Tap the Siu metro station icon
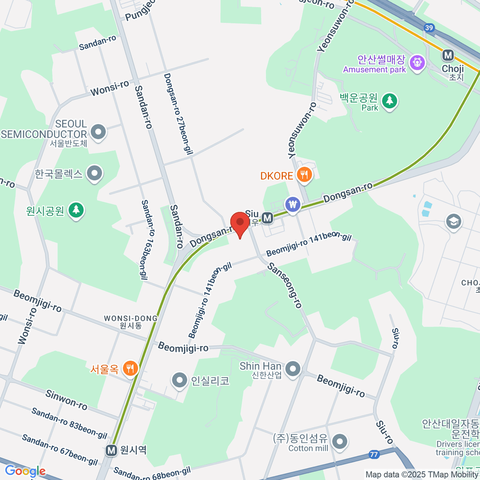tap(267, 218)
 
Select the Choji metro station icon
tap(448, 55)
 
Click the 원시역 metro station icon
tap(112, 450)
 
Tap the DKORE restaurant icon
tap(305, 175)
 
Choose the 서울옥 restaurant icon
tap(130, 368)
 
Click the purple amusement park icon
tap(418, 62)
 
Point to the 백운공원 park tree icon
tap(389, 100)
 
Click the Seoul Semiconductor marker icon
tap(98, 131)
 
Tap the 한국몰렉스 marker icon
tap(95, 173)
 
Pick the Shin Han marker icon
tap(293, 368)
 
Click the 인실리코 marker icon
tap(179, 380)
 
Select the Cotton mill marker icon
tap(340, 442)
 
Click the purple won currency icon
tap(294, 205)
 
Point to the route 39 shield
tap(429, 27)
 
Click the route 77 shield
tap(374, 454)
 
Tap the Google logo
tap(25, 471)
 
